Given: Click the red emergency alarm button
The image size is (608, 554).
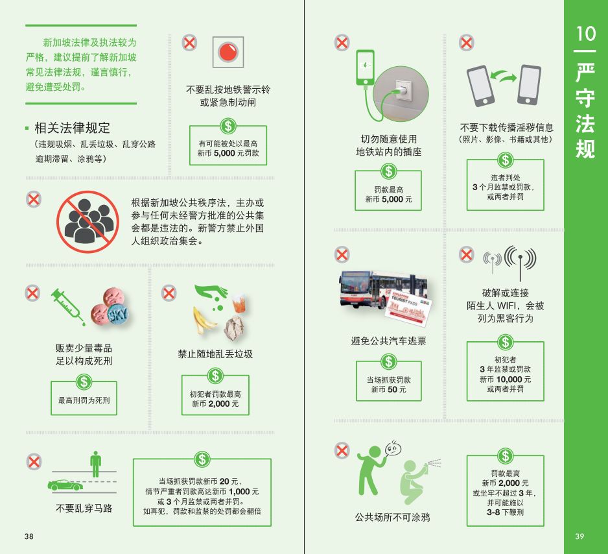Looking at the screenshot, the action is (228, 52).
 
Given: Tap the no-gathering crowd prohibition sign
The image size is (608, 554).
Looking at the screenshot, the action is (88, 222).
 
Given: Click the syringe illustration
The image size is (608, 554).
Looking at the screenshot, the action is (67, 306).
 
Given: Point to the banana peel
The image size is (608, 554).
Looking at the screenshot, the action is (203, 320).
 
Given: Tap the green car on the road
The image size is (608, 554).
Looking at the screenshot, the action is (65, 485).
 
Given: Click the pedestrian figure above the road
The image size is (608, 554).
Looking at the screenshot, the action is (95, 464).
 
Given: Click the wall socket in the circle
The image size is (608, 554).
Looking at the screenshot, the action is (402, 91).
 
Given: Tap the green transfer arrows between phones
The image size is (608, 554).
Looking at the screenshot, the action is (503, 76).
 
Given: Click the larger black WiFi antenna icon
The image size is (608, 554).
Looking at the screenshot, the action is (520, 260).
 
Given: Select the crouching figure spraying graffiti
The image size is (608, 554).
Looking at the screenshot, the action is (414, 482).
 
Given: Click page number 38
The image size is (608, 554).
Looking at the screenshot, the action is (29, 536).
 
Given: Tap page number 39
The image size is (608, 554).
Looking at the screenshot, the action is (579, 536).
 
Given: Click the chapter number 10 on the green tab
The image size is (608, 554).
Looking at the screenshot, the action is (585, 34).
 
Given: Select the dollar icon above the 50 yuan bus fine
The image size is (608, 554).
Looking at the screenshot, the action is (388, 361).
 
